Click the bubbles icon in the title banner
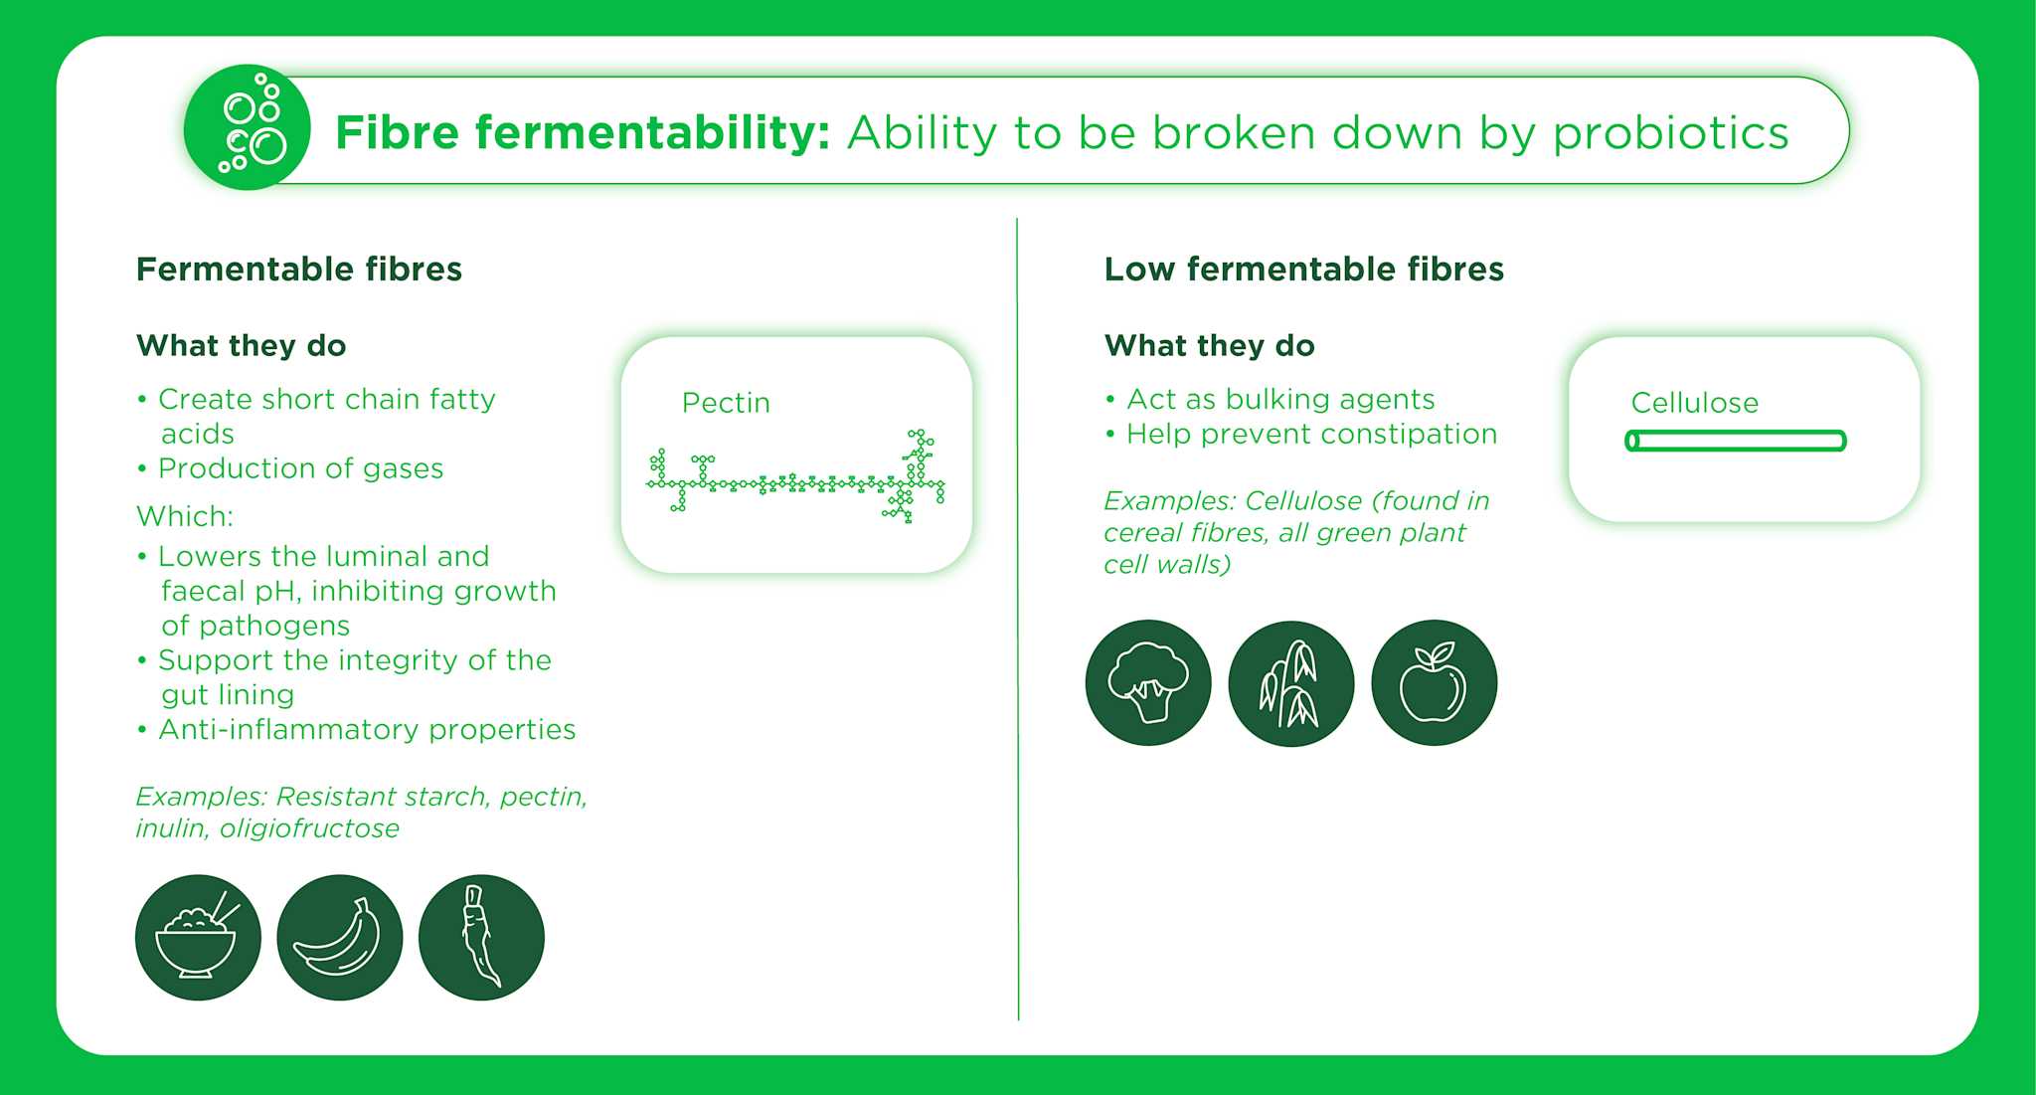pos(248,127)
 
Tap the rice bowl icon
pos(198,937)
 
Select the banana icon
pos(340,937)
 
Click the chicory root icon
pos(481,937)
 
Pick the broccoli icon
pos(1148,682)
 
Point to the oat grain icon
pos(1291,682)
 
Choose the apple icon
pos(1434,682)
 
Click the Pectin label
pos(726,403)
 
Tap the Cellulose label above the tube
pos(1695,403)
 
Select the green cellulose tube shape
pos(1736,441)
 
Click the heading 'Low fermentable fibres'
pos(1304,269)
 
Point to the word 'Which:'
pos(185,516)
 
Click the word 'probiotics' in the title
pos(1670,133)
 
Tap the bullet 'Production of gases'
pos(290,468)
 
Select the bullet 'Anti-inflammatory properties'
pos(356,730)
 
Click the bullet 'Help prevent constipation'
pos(1301,434)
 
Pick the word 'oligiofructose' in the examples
pos(309,828)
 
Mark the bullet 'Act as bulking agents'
pos(1271,399)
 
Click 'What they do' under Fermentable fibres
pos(242,345)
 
